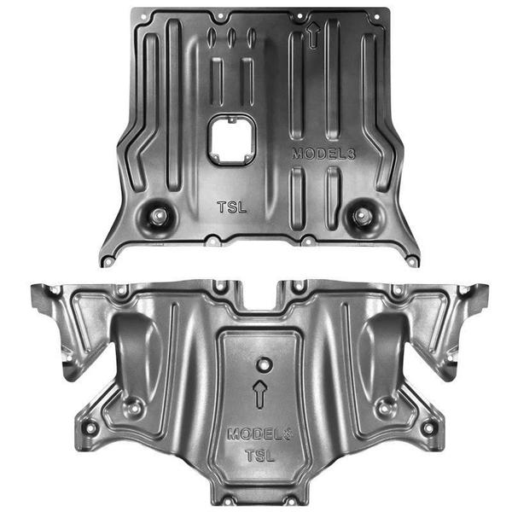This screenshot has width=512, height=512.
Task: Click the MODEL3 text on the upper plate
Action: [323, 154]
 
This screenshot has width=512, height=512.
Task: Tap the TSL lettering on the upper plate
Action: [232, 207]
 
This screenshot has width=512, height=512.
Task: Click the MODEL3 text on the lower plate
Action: [260, 433]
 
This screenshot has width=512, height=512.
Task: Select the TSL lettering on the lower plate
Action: [260, 456]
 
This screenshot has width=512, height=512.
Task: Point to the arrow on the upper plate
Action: [313, 35]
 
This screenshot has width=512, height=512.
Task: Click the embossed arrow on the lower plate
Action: [260, 394]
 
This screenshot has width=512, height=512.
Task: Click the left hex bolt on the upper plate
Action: [159, 215]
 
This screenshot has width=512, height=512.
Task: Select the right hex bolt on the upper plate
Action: [361, 215]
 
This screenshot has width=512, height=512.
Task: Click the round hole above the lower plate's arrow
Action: [265, 364]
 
